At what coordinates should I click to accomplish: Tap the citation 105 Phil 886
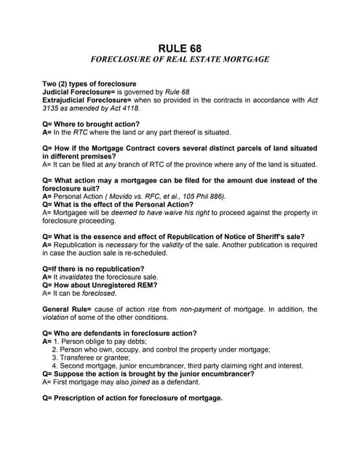pyautogui.click(x=202, y=196)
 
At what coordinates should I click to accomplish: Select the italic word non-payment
pyautogui.click(x=204, y=309)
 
